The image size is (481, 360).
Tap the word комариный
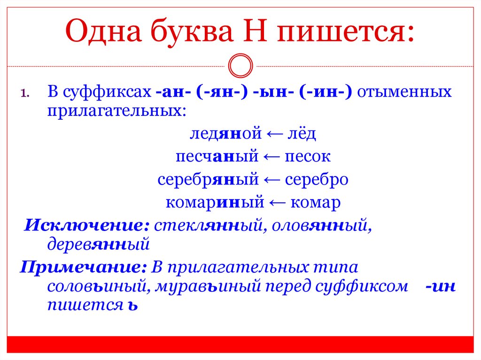215,203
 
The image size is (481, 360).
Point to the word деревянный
98,244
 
